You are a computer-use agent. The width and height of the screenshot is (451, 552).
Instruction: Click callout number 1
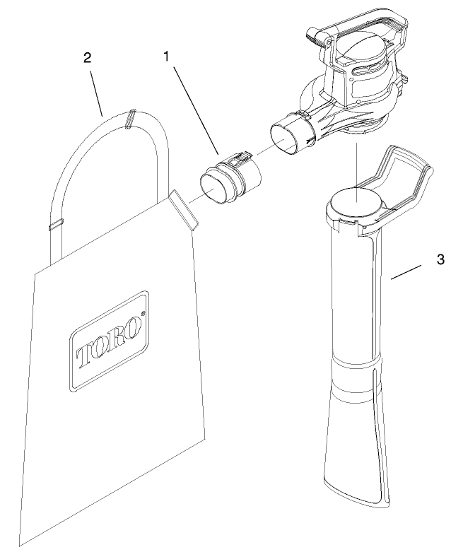click(x=168, y=57)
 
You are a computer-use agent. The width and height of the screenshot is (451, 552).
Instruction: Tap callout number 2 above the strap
click(x=87, y=59)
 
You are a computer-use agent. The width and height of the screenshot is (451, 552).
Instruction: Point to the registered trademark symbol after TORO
click(x=143, y=313)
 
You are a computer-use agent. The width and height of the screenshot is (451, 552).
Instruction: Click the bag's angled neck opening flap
click(x=182, y=211)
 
